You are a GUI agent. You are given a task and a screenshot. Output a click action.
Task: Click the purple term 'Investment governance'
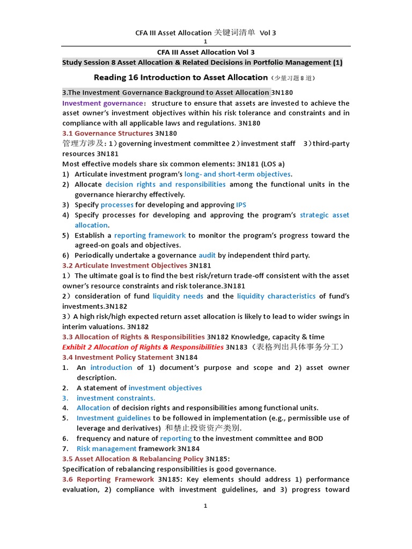click(102, 103)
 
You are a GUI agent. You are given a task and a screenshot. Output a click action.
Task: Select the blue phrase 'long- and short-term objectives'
click(237, 174)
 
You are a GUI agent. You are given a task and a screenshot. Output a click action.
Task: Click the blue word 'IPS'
click(242, 205)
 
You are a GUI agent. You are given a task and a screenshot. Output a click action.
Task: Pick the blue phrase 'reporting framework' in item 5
click(150, 235)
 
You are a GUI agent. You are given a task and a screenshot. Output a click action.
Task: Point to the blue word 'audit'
click(207, 255)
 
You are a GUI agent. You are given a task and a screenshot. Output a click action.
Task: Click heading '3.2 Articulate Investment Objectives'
click(124, 265)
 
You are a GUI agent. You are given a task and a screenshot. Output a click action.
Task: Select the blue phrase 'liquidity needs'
click(178, 296)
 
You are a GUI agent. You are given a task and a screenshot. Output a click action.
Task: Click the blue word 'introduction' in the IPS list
click(111, 367)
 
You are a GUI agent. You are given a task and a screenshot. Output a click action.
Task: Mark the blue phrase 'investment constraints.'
click(115, 398)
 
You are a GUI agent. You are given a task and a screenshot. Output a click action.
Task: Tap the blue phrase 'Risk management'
click(106, 449)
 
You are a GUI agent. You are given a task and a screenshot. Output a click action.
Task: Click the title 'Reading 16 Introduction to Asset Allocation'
click(181, 77)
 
